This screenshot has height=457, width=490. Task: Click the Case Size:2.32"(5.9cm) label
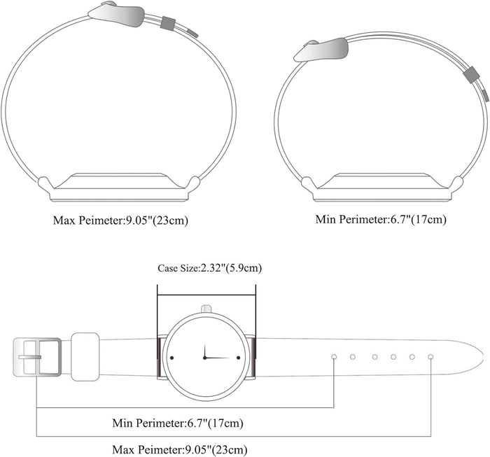click(x=209, y=268)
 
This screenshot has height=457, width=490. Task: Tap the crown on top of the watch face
click(x=206, y=309)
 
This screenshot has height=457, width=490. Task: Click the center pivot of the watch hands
click(x=204, y=358)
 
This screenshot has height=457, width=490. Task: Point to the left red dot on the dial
click(x=171, y=358)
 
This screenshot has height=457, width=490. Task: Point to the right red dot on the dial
click(x=239, y=358)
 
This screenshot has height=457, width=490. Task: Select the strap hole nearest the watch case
click(x=334, y=357)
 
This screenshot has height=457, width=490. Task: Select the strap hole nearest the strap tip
click(x=430, y=357)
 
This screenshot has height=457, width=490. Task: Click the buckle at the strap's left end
click(x=37, y=357)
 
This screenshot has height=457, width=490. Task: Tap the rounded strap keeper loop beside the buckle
click(x=85, y=357)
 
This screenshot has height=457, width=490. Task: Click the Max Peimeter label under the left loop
click(x=120, y=220)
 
